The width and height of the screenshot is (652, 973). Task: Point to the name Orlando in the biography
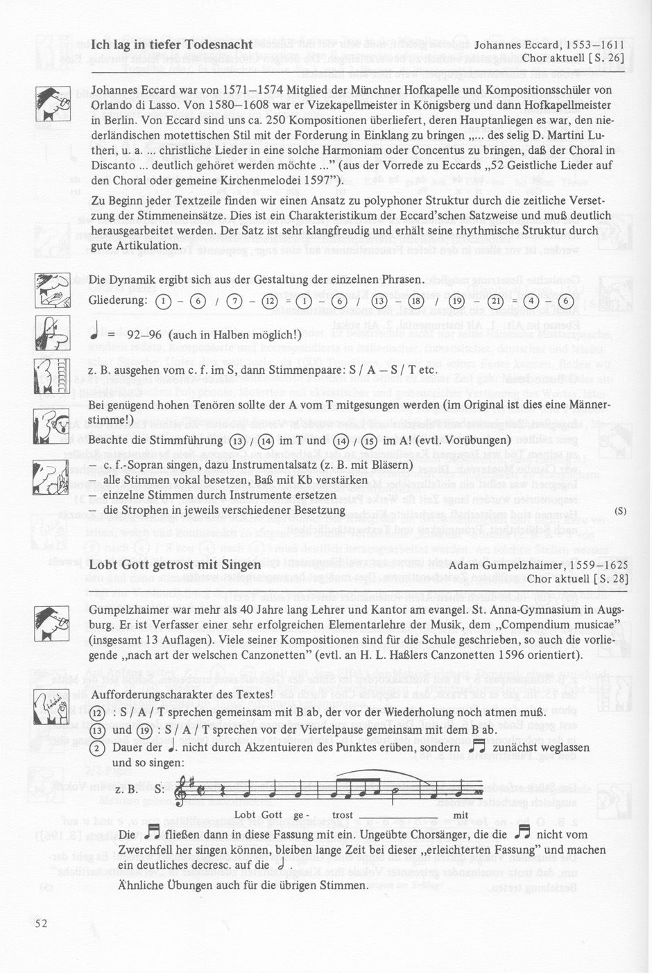(x=112, y=105)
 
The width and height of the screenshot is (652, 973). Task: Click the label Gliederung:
(x=118, y=300)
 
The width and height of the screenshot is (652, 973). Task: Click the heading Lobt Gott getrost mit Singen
(x=175, y=565)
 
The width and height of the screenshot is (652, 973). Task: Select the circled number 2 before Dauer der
(x=98, y=748)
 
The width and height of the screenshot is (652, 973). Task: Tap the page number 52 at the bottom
(x=41, y=923)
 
